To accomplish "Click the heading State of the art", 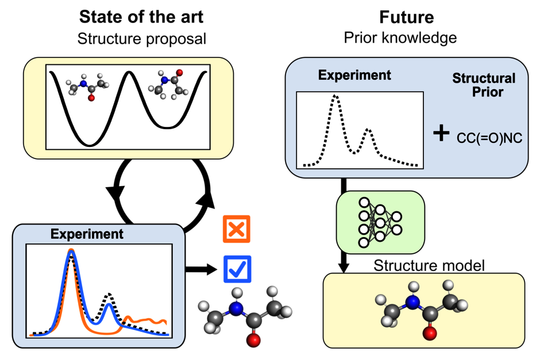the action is pos(141,17).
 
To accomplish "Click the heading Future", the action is pos(406,17).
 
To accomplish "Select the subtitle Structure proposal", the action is pos(141,39).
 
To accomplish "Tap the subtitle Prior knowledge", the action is pos(400,38).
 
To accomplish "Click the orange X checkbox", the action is pos(237,229).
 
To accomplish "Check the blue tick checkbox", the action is pos(237,269).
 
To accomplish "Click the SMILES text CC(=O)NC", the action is pos(489,138).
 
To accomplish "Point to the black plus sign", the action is pos(441,134).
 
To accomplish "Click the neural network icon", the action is pos(380,222).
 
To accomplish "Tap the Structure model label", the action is pos(429,266).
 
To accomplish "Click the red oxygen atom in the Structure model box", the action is pos(430,333).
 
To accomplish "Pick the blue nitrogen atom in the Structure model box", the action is pos(412,302).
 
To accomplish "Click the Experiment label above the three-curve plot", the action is pos(87,234).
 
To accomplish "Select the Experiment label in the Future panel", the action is pos(354,75).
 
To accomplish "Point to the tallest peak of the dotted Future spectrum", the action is pos(335,96).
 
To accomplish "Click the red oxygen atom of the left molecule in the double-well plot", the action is pos(91,98).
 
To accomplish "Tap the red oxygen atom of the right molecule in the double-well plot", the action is pos(179,72).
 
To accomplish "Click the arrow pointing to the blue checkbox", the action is pos(202,269).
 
